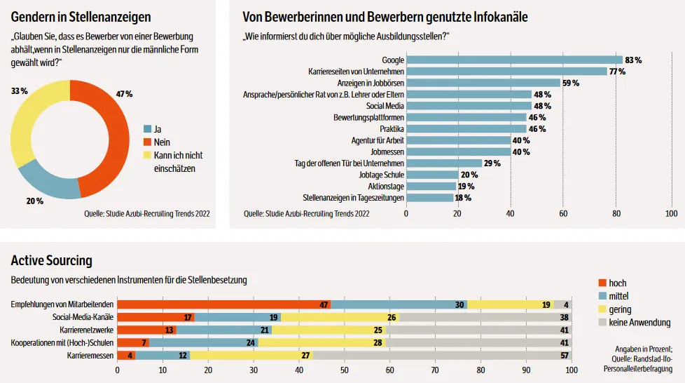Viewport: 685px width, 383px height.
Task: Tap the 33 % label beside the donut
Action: point(19,91)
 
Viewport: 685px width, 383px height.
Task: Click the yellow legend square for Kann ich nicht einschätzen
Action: point(147,155)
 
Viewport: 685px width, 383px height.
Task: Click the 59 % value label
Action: point(571,83)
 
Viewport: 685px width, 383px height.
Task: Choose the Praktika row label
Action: point(392,129)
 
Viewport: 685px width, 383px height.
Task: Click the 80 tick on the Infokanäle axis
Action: point(617,213)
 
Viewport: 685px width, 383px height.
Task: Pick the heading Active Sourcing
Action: point(51,261)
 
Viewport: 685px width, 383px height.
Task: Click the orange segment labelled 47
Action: point(223,305)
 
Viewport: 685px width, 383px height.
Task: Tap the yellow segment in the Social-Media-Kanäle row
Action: point(340,318)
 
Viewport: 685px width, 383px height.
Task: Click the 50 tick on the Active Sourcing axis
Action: point(345,370)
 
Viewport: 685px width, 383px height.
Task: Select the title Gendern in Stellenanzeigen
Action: point(81,16)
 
